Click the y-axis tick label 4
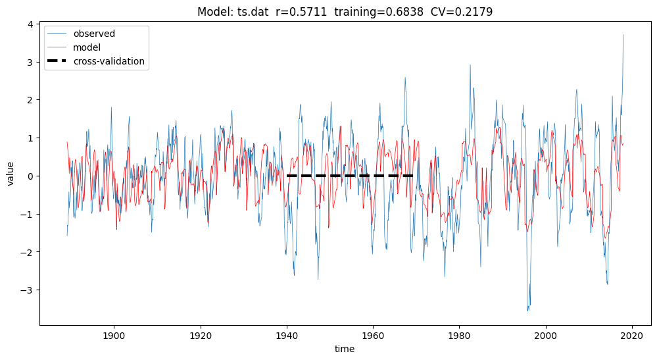(30, 24)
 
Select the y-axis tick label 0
(30, 176)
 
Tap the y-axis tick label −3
(28, 290)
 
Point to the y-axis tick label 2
(30, 100)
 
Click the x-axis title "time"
(344, 349)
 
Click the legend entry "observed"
(94, 34)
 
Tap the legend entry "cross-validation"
(109, 61)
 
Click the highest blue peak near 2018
(623, 36)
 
